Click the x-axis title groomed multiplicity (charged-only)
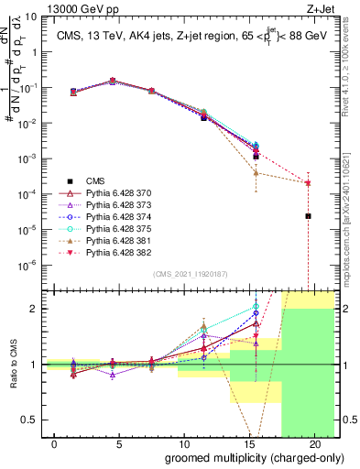(242, 456)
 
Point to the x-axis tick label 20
(313, 442)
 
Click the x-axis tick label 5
(100, 442)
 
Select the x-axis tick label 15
(242, 442)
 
